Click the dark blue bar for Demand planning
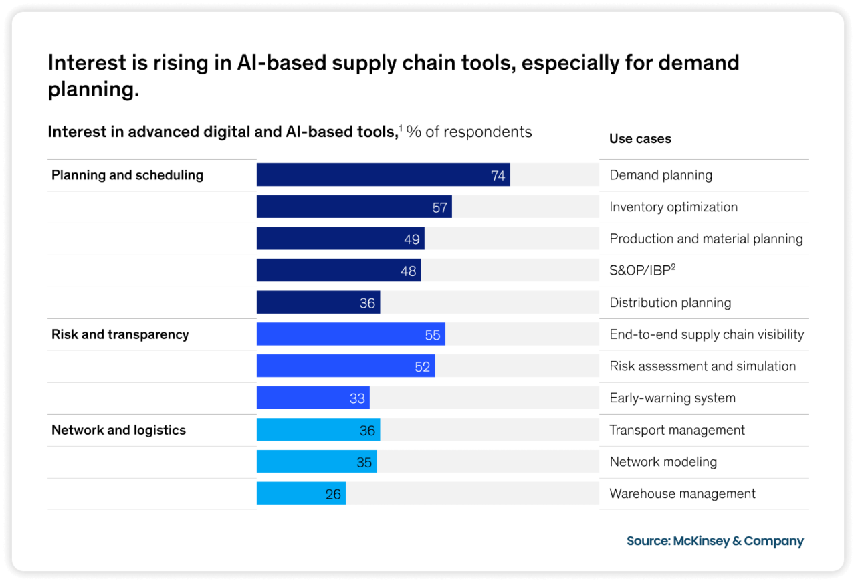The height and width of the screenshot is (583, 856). click(383, 175)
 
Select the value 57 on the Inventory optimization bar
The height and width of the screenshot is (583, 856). click(439, 207)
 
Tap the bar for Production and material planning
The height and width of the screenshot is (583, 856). click(340, 239)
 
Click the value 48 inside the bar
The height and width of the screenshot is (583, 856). click(408, 271)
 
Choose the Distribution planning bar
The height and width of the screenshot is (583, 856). click(318, 302)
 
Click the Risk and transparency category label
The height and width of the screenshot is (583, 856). click(120, 334)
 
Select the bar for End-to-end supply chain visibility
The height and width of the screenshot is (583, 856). click(350, 334)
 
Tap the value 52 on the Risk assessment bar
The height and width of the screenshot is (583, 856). click(422, 366)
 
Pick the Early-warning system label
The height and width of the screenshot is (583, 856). click(672, 398)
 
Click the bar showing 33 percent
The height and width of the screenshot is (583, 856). click(312, 398)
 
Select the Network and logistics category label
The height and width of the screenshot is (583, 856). click(118, 430)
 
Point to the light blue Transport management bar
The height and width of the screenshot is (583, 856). click(318, 430)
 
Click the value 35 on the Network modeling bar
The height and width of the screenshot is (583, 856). click(364, 462)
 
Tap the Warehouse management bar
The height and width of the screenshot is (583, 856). click(301, 493)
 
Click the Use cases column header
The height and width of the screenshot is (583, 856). click(640, 139)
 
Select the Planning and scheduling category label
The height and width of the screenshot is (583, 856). click(127, 175)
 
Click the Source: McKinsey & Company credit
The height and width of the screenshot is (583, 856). click(715, 541)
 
